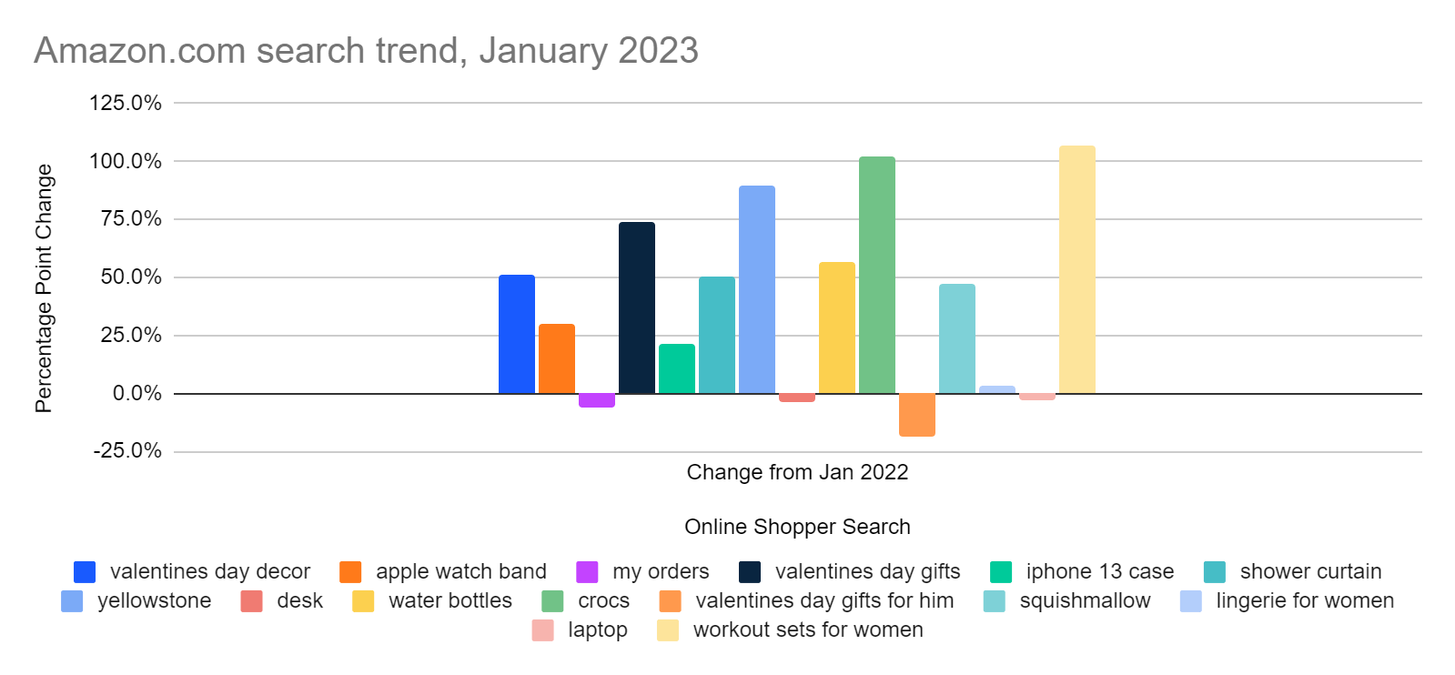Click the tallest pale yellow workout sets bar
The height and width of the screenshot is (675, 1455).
click(1076, 269)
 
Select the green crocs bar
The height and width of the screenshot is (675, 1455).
click(876, 275)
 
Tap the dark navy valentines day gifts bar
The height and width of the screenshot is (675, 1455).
click(636, 307)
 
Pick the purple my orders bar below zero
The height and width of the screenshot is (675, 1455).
click(596, 400)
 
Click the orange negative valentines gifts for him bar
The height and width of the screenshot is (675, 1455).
click(916, 415)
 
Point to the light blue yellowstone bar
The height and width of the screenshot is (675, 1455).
click(756, 289)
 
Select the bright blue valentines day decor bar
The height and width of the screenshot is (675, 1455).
click(516, 334)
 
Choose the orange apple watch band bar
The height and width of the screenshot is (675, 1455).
click(556, 358)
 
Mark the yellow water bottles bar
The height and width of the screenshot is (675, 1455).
click(836, 327)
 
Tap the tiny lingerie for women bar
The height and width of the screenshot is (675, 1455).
click(996, 389)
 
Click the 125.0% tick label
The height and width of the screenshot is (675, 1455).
click(126, 103)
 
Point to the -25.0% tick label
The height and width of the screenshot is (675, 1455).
click(127, 451)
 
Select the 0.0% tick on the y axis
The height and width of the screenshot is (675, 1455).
click(137, 393)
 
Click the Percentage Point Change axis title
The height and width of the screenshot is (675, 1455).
click(44, 287)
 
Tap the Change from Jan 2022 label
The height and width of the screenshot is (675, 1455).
click(797, 472)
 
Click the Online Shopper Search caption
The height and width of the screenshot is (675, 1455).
click(797, 527)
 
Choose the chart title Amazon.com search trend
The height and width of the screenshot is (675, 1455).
click(366, 51)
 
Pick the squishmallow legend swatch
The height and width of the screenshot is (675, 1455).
click(995, 601)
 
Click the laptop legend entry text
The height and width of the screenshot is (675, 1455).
click(597, 630)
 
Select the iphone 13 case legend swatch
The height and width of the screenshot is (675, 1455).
click(1001, 572)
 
